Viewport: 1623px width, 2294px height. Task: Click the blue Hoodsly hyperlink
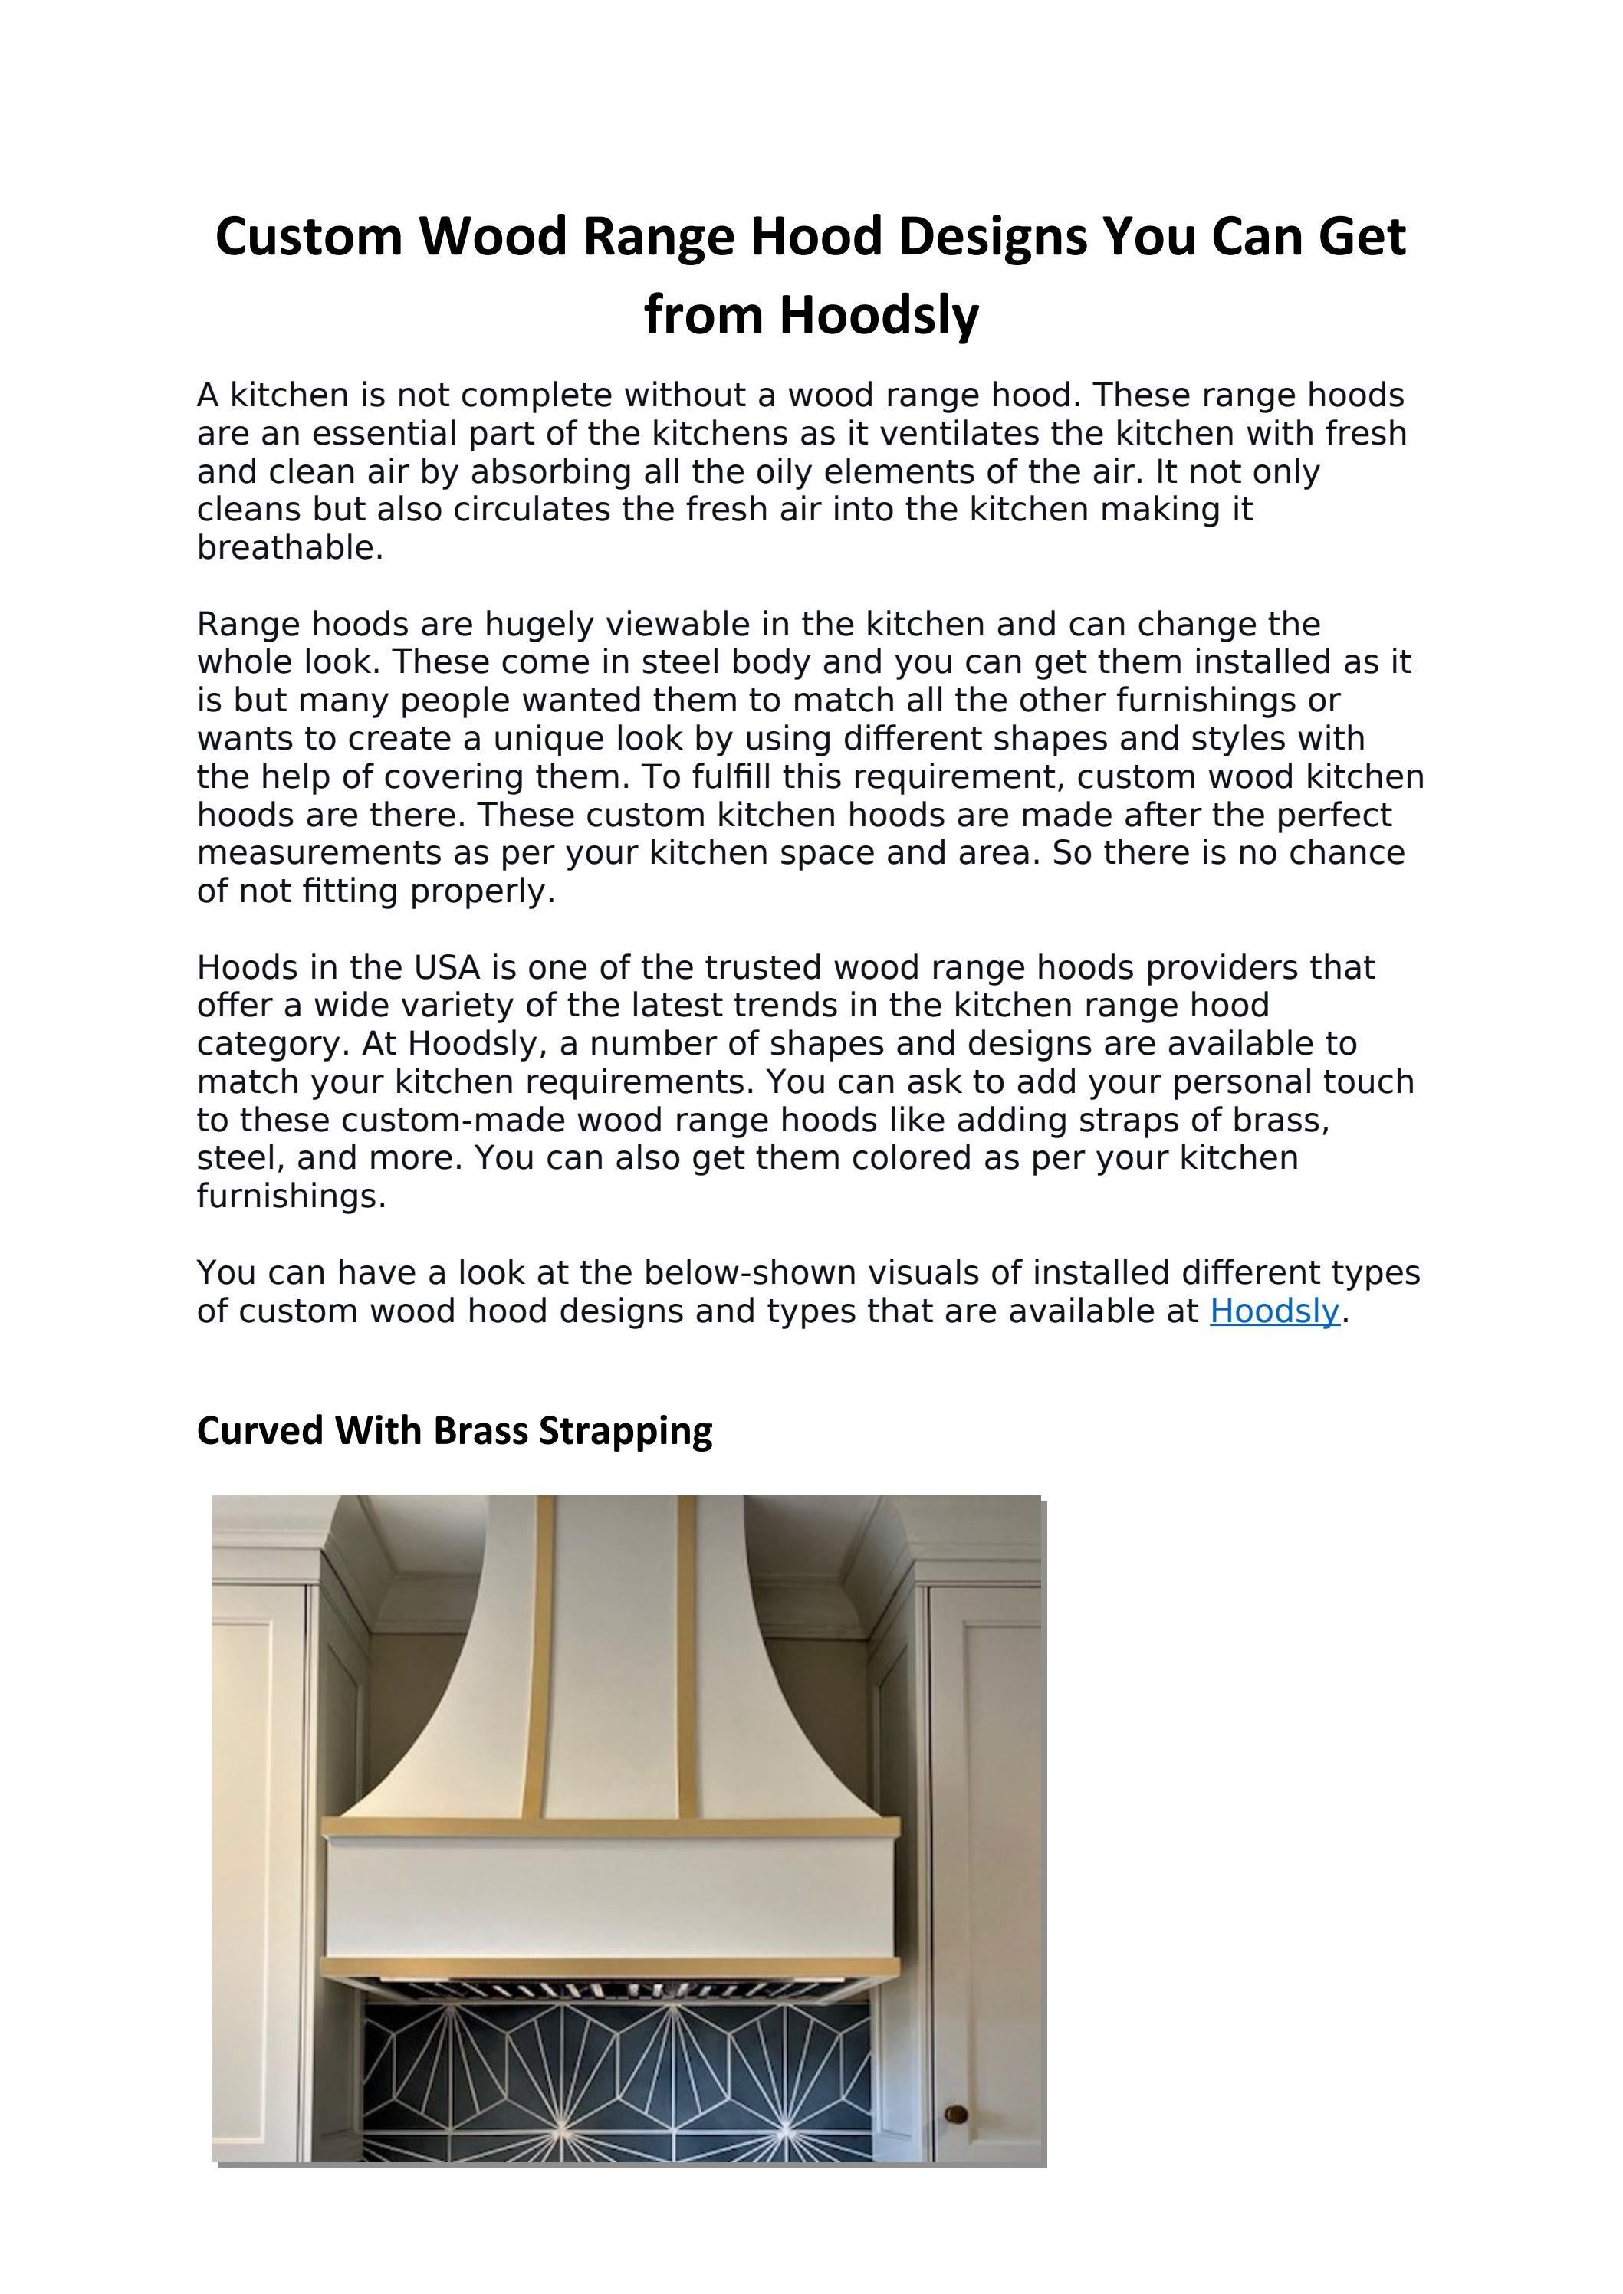(1273, 1311)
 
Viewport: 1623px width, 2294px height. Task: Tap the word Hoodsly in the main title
(879, 315)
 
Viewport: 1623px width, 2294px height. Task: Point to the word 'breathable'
(287, 547)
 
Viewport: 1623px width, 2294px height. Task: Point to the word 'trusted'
(763, 967)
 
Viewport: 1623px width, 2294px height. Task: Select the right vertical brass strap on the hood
(687, 1659)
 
